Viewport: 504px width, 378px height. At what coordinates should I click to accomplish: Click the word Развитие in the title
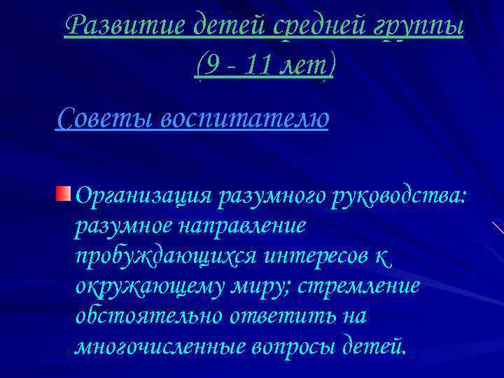[125, 27]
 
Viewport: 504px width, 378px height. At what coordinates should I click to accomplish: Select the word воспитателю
[245, 118]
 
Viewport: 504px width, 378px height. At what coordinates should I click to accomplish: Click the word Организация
[143, 197]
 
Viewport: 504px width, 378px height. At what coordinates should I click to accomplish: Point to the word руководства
[395, 197]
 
